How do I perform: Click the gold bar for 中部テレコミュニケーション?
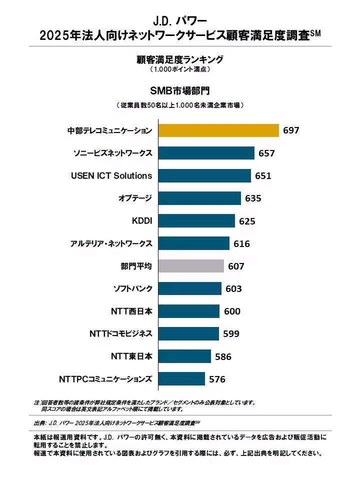click(x=218, y=130)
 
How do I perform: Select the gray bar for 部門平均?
click(x=191, y=266)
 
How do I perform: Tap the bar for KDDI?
click(x=196, y=221)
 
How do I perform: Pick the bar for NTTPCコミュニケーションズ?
click(x=181, y=379)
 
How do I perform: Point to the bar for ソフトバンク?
click(x=190, y=288)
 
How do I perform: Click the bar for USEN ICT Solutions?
click(x=204, y=175)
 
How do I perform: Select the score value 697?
click(x=291, y=130)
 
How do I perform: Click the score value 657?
click(x=266, y=153)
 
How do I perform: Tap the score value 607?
click(x=236, y=266)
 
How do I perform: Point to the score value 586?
click(x=223, y=357)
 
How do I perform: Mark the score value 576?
click(x=217, y=379)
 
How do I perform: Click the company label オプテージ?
click(x=135, y=198)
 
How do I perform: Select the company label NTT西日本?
click(x=131, y=311)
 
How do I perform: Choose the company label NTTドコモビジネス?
click(x=120, y=333)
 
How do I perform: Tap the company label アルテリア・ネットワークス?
click(x=111, y=243)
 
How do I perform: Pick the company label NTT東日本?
click(x=131, y=356)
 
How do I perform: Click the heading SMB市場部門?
click(x=180, y=91)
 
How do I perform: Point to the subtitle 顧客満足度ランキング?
click(x=180, y=59)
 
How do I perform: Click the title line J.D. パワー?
click(x=180, y=21)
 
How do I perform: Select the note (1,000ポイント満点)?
click(x=180, y=69)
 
